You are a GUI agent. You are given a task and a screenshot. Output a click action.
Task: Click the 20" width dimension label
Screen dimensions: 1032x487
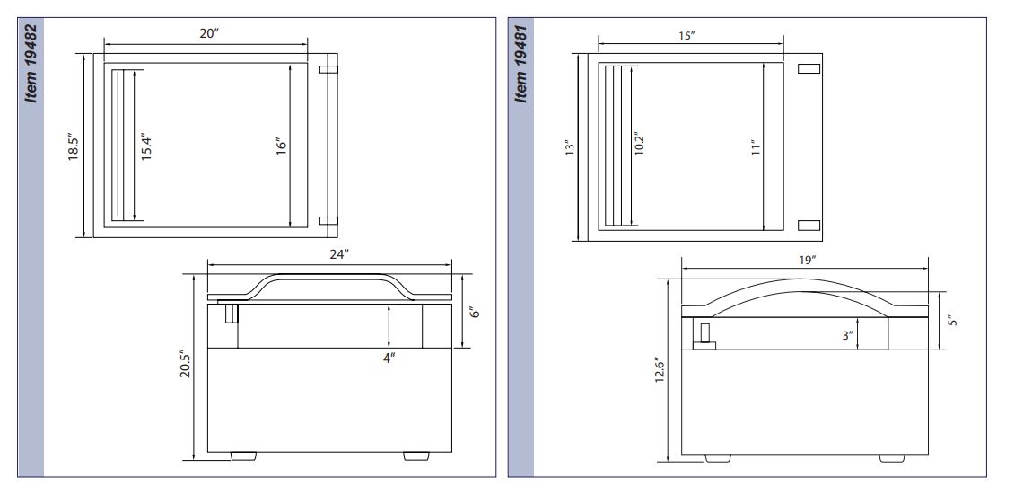[x=208, y=33]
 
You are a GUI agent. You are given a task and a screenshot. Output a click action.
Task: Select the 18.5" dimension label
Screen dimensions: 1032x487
[x=74, y=147]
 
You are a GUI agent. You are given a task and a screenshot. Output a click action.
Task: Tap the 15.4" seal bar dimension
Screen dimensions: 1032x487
[x=146, y=147]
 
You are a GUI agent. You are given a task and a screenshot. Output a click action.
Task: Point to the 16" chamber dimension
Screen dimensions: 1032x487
[x=282, y=146]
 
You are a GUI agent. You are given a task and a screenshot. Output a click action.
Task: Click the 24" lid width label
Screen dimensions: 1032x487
[x=338, y=255]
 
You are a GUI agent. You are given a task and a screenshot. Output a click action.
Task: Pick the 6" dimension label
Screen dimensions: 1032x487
[x=476, y=311]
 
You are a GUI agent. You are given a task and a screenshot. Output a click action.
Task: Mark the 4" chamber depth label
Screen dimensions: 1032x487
[x=389, y=358]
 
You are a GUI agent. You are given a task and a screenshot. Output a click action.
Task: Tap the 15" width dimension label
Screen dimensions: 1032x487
[x=687, y=36]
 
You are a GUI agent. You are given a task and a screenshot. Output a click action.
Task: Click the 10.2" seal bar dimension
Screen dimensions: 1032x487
[x=638, y=144]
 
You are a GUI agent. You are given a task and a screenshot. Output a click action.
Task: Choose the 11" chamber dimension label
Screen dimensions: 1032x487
[x=757, y=147]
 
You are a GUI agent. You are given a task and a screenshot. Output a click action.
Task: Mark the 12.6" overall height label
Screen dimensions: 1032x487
[x=660, y=371]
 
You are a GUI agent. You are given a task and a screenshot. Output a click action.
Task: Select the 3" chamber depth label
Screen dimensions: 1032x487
[x=848, y=335]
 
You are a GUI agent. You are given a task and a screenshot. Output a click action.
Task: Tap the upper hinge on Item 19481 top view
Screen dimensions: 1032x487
[x=809, y=68]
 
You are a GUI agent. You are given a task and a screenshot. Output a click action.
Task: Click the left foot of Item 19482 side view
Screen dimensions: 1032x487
[x=243, y=456]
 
